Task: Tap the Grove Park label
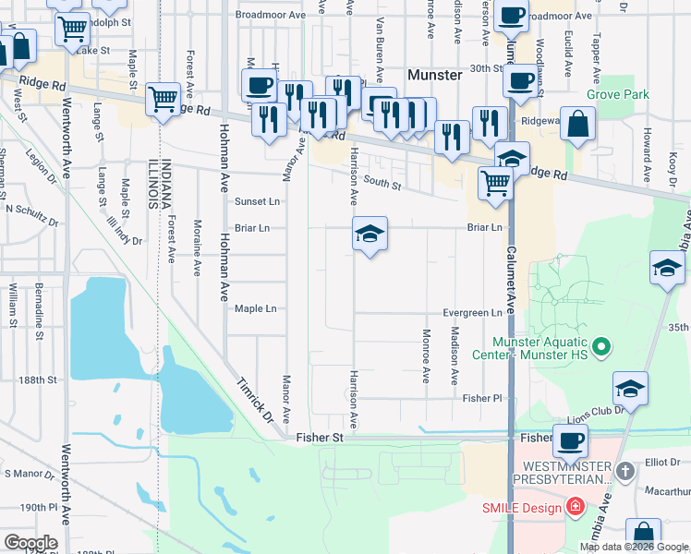pyautogui.click(x=617, y=94)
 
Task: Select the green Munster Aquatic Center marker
pyautogui.click(x=601, y=347)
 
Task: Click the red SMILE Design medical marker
pyautogui.click(x=575, y=507)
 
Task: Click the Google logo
pyautogui.click(x=30, y=543)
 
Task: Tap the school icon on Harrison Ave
pyautogui.click(x=370, y=235)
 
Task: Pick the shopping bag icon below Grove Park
pyautogui.click(x=577, y=125)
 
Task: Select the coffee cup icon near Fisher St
pyautogui.click(x=570, y=441)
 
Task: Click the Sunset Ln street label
pyautogui.click(x=256, y=201)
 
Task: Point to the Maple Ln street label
pyautogui.click(x=255, y=309)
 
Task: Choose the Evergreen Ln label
pyautogui.click(x=472, y=313)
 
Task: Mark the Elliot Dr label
pyautogui.click(x=662, y=464)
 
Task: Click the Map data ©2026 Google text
pyautogui.click(x=634, y=547)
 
